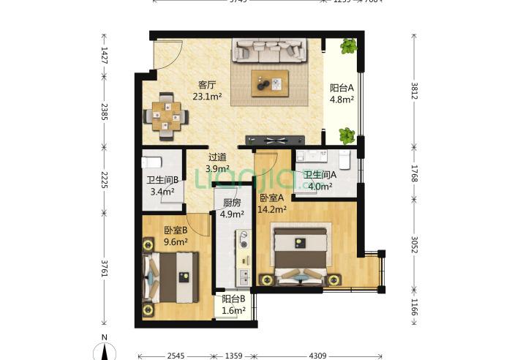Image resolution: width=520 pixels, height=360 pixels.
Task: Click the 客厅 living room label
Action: [206, 84]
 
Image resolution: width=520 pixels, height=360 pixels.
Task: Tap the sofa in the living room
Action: [270, 50]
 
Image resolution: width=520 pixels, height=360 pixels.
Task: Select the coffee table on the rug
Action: [270, 83]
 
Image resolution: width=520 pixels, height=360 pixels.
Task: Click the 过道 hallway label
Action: [217, 157]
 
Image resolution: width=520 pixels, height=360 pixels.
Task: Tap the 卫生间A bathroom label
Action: [320, 175]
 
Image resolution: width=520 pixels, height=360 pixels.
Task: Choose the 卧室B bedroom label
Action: [175, 230]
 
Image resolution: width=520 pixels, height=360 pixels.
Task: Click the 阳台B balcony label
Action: [233, 299]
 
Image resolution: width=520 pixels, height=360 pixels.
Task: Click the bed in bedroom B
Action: [173, 277]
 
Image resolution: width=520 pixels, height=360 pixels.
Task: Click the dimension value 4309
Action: [317, 356]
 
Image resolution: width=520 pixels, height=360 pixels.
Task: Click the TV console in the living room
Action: [274, 140]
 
